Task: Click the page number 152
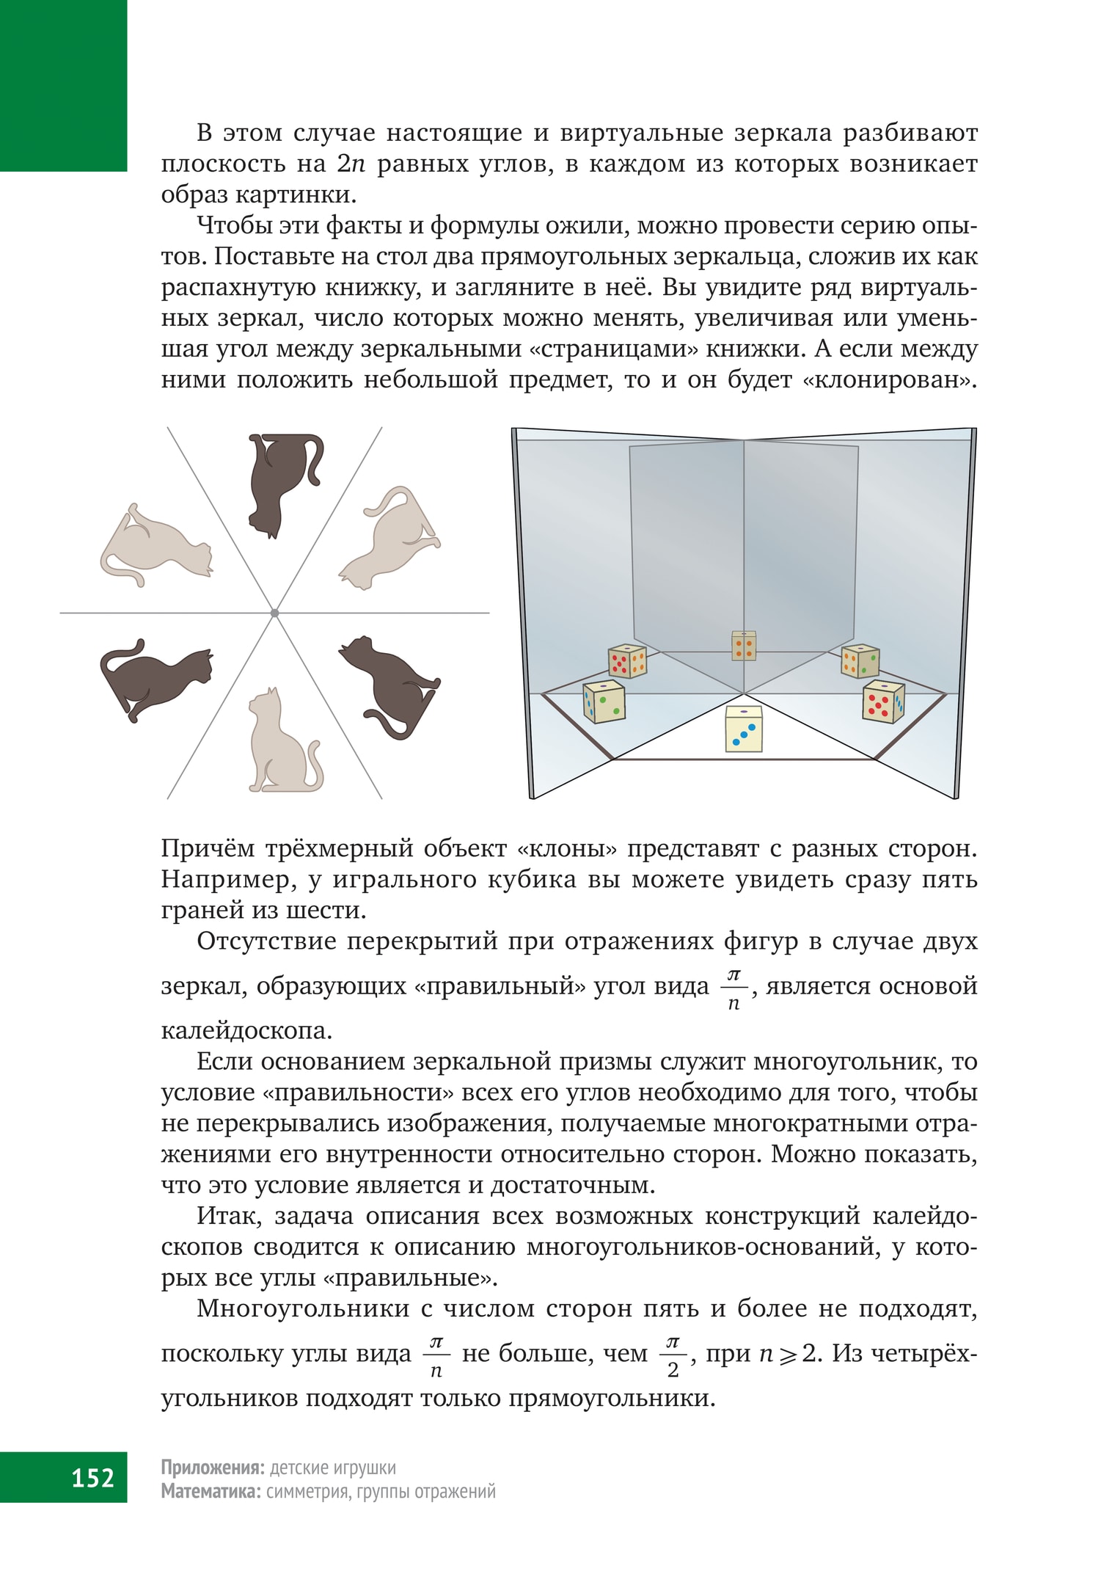pos(93,1476)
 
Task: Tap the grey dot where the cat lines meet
pos(274,613)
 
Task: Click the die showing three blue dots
pos(744,729)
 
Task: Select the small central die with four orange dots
pos(744,646)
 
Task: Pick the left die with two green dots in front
pos(604,702)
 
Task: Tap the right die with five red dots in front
pos(883,702)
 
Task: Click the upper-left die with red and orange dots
pos(627,660)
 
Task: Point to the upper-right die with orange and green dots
pos(860,660)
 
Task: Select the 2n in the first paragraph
pos(352,164)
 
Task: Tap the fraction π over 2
pos(673,1355)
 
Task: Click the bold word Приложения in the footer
pos(212,1467)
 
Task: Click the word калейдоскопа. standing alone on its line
pos(246,1031)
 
